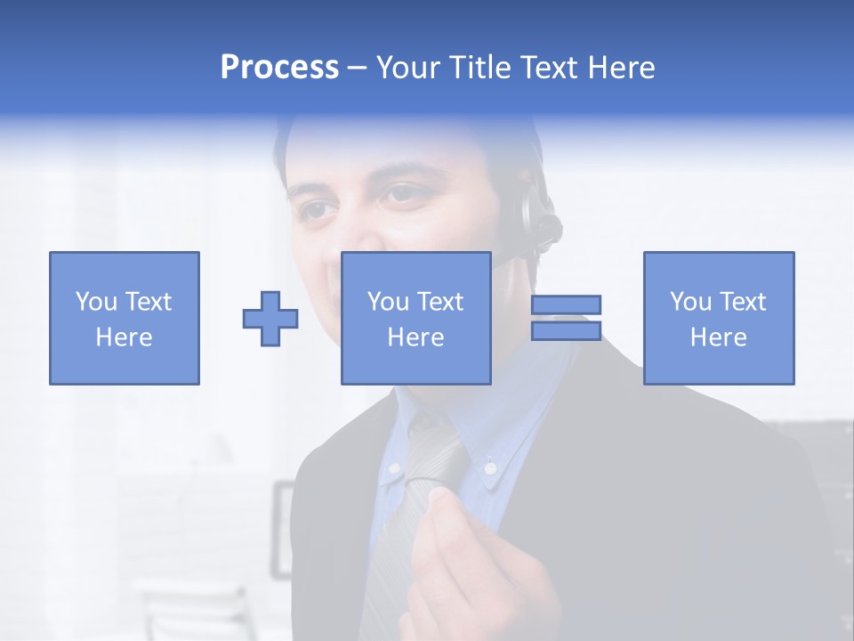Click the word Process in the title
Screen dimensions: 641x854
tap(279, 68)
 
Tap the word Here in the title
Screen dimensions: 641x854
tap(620, 68)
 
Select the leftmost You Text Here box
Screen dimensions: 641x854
tap(124, 318)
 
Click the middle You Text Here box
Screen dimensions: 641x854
tap(415, 318)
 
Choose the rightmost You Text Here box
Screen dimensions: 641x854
tap(718, 318)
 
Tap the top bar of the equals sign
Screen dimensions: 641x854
tap(566, 304)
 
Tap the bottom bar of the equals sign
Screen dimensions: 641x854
tap(566, 330)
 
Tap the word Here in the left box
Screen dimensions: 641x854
tap(124, 337)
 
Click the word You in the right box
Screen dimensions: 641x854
tap(689, 302)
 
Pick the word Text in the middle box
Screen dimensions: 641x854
tap(440, 302)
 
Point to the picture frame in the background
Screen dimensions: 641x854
tap(283, 525)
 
